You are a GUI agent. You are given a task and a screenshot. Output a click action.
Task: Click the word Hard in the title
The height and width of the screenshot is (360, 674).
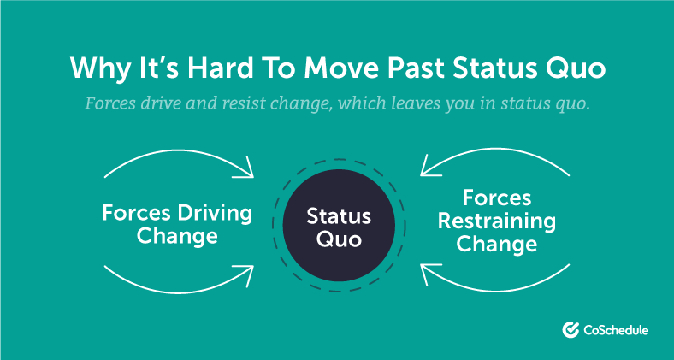tap(220, 67)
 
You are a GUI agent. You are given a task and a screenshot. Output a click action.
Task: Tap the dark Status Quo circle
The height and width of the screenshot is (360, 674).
tap(339, 226)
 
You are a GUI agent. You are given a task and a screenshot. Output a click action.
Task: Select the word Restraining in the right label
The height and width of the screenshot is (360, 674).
tap(496, 221)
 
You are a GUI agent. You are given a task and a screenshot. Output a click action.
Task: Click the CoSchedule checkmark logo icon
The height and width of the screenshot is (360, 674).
tap(571, 329)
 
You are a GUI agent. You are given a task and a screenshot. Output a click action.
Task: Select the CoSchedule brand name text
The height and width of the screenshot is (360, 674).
tap(616, 330)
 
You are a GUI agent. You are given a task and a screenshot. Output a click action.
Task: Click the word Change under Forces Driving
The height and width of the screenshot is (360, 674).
tap(177, 236)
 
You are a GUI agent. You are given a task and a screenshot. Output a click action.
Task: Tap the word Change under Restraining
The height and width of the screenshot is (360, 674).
tap(496, 244)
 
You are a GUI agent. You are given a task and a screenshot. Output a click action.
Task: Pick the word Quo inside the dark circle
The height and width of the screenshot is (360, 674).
tap(339, 239)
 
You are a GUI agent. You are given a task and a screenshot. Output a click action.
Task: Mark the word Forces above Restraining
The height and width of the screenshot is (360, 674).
tap(497, 198)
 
